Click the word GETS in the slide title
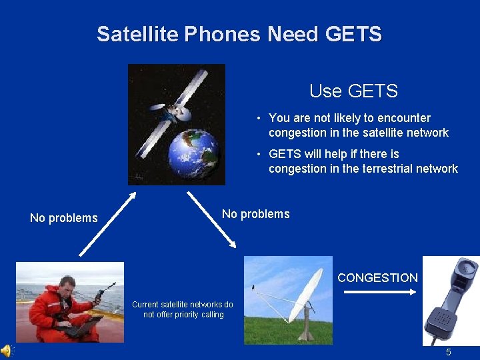[353, 34]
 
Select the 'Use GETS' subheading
[353, 91]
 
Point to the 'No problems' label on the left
[64, 218]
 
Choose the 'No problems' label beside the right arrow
[255, 214]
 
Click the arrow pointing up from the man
[108, 224]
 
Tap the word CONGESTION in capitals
[377, 278]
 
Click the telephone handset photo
[451, 300]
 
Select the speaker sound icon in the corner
[6, 351]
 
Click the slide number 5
[449, 352]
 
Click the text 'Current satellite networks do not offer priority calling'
[183, 309]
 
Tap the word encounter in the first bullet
[402, 118]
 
